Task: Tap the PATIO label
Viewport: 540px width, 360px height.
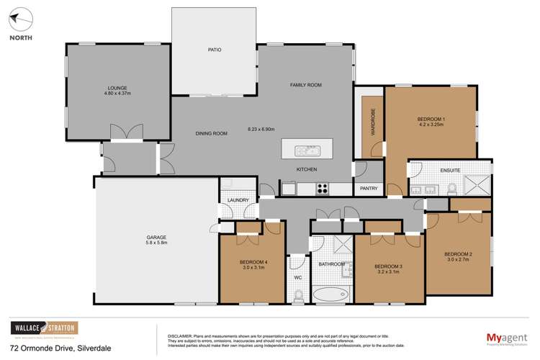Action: (214, 50)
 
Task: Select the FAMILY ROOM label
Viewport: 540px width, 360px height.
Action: (305, 85)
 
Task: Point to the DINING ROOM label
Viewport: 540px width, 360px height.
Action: (212, 133)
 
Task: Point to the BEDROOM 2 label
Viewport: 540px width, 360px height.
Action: (458, 254)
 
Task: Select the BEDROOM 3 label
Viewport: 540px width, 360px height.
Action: (389, 266)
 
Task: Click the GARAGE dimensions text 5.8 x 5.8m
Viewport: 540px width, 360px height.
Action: (155, 243)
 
